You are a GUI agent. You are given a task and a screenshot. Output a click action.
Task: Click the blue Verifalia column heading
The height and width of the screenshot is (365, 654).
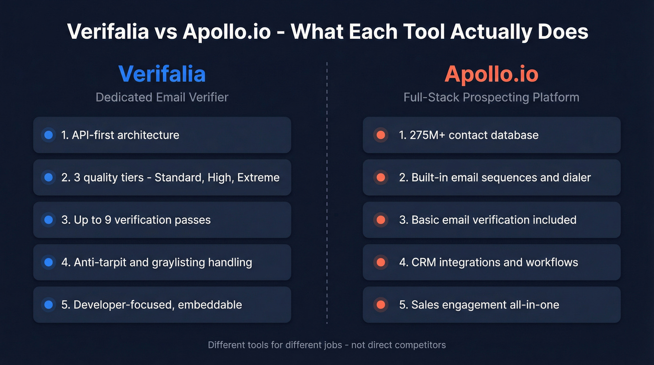(162, 74)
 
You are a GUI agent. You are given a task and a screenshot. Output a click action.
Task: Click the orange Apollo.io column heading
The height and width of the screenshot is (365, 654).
(491, 74)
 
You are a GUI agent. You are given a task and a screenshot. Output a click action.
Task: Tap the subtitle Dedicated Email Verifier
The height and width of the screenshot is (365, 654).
(162, 97)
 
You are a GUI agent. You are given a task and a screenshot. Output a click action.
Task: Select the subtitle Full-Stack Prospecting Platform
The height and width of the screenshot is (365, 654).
(491, 97)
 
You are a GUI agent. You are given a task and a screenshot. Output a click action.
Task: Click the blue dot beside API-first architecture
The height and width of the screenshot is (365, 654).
(48, 135)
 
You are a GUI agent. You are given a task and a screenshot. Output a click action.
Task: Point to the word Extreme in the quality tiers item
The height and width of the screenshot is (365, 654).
(258, 178)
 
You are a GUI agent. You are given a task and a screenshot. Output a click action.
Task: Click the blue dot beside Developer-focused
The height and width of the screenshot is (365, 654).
(48, 305)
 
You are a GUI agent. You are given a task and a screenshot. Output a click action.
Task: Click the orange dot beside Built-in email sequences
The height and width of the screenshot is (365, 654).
(380, 178)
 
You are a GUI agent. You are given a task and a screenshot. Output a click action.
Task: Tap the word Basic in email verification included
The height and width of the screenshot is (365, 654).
(426, 220)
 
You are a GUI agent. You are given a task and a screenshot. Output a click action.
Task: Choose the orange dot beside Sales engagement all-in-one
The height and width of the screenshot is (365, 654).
(380, 305)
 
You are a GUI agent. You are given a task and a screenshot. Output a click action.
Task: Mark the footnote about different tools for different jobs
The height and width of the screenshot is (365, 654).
(327, 345)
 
